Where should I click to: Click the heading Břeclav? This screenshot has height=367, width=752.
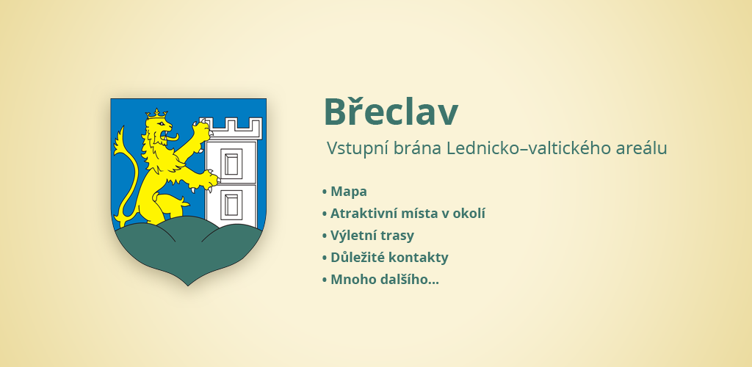coord(391,111)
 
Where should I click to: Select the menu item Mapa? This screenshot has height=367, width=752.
coord(349,192)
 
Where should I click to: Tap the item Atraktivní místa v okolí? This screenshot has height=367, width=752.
coord(408,214)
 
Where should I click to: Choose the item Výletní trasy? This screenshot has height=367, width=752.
coord(372,236)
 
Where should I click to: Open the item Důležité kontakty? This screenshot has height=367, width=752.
coord(389,258)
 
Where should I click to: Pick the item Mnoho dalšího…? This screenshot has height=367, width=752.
coord(385,280)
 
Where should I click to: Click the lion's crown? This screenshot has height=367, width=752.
coord(157,114)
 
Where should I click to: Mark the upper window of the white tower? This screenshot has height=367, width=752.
coord(231,162)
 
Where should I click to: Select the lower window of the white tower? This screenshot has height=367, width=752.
coord(231,203)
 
